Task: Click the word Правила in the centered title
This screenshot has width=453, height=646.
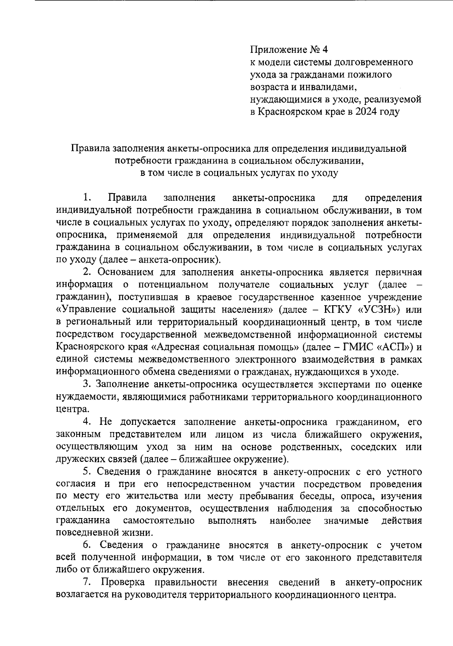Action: coord(88,148)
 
